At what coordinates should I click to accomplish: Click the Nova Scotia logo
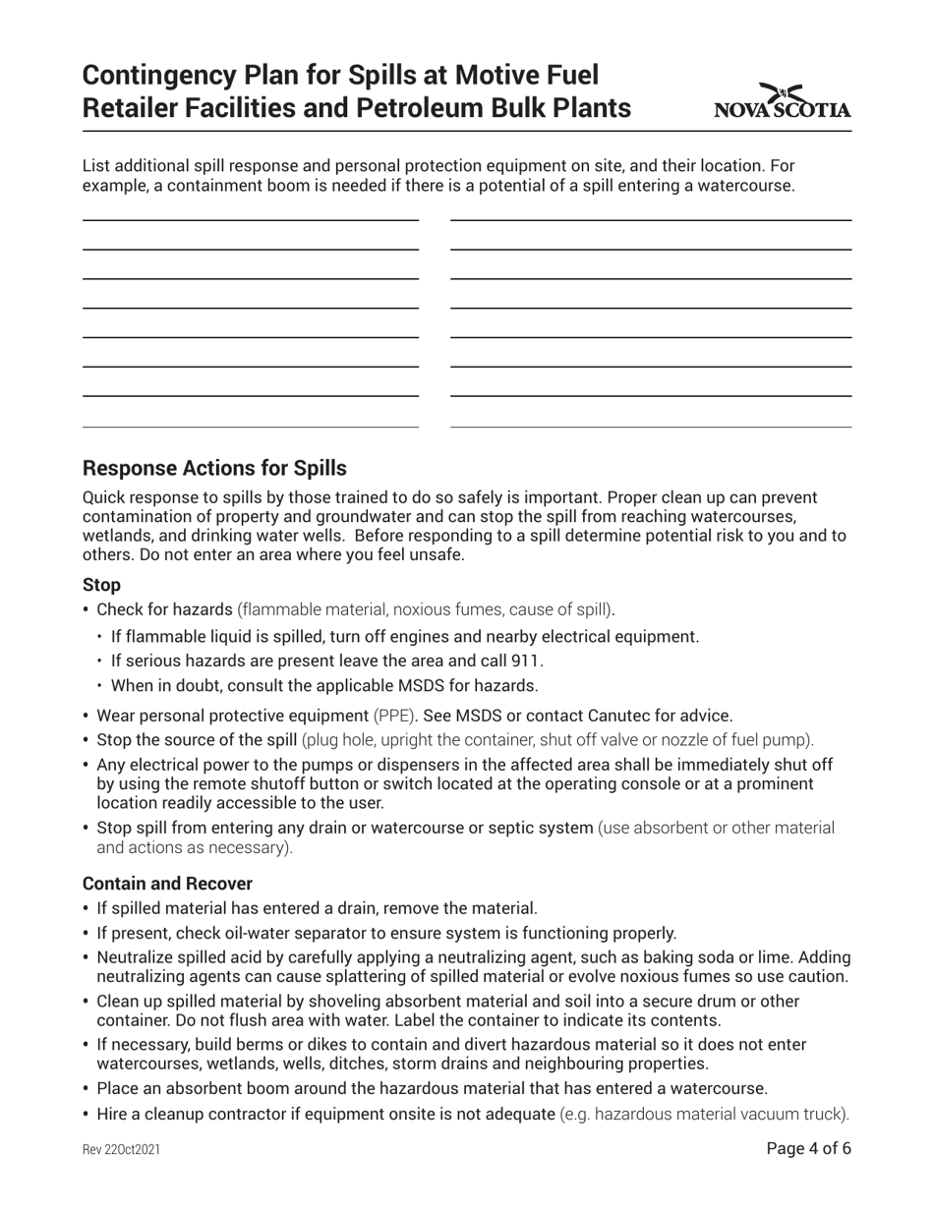point(783,101)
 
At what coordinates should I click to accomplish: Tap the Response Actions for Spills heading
point(214,468)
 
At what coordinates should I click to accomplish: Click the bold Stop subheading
point(101,585)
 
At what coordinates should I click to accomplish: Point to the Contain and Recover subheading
point(167,883)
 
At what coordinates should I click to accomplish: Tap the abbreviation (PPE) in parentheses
point(395,715)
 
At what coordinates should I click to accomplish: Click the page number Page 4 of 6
point(808,1148)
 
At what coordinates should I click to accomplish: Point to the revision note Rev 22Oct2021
point(121,1149)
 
